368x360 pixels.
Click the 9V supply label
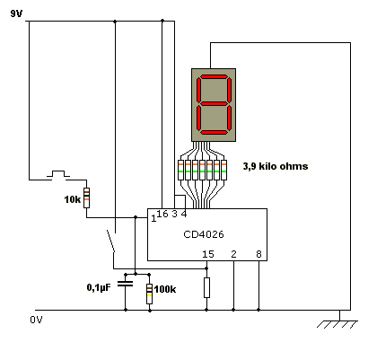pos(16,13)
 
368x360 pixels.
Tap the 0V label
pos(36,320)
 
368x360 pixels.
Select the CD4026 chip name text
pos(204,234)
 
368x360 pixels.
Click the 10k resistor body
pos(86,198)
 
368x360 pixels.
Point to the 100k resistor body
pos(149,294)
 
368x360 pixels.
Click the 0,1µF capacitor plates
pos(125,284)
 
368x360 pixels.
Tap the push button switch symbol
pos(58,174)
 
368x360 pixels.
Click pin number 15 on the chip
pos(208,254)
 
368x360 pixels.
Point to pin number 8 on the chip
pos(258,254)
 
